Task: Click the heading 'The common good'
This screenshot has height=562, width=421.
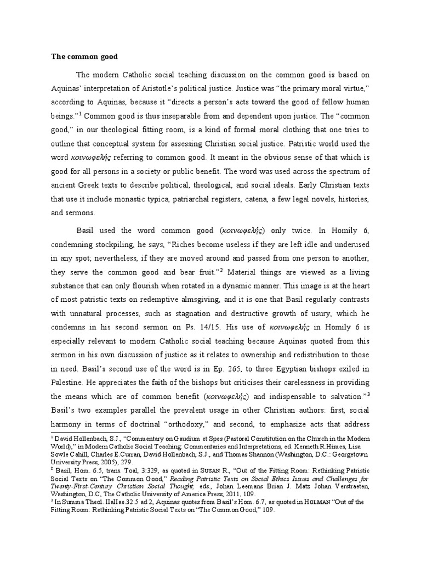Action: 84,56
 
